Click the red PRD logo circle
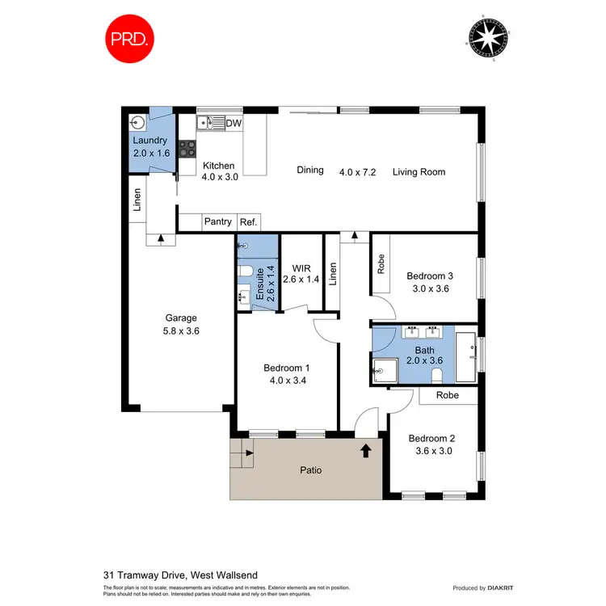coord(129,38)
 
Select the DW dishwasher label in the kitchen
coord(234,124)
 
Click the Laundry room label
coord(149,141)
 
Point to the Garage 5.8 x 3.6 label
coord(181,324)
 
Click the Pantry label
coord(217,221)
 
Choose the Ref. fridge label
coord(248,221)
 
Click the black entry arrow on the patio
coord(365,450)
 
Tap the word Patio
coord(312,469)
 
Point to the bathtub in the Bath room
coord(466,356)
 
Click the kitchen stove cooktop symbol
coord(187,148)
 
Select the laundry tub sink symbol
coord(137,123)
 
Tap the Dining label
coord(310,170)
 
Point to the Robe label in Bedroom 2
coord(448,396)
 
